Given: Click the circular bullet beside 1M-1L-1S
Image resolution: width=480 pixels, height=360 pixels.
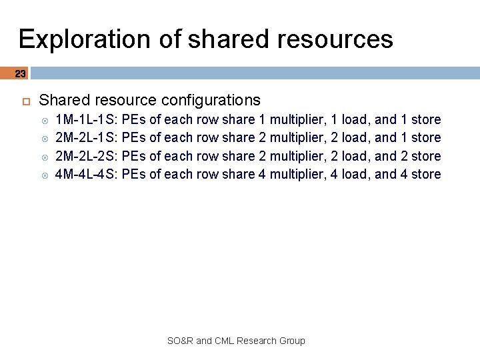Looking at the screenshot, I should (45, 121).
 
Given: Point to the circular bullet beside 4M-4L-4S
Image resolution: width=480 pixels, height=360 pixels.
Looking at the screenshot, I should (45, 175).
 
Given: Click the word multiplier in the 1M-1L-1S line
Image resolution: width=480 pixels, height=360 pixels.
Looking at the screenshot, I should (297, 120).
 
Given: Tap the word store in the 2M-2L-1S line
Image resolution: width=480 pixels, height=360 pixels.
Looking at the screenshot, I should (426, 138).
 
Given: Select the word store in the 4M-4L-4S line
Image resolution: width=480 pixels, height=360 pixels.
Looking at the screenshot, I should (426, 174).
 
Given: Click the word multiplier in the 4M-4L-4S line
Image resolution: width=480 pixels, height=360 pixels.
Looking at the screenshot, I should (297, 174).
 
